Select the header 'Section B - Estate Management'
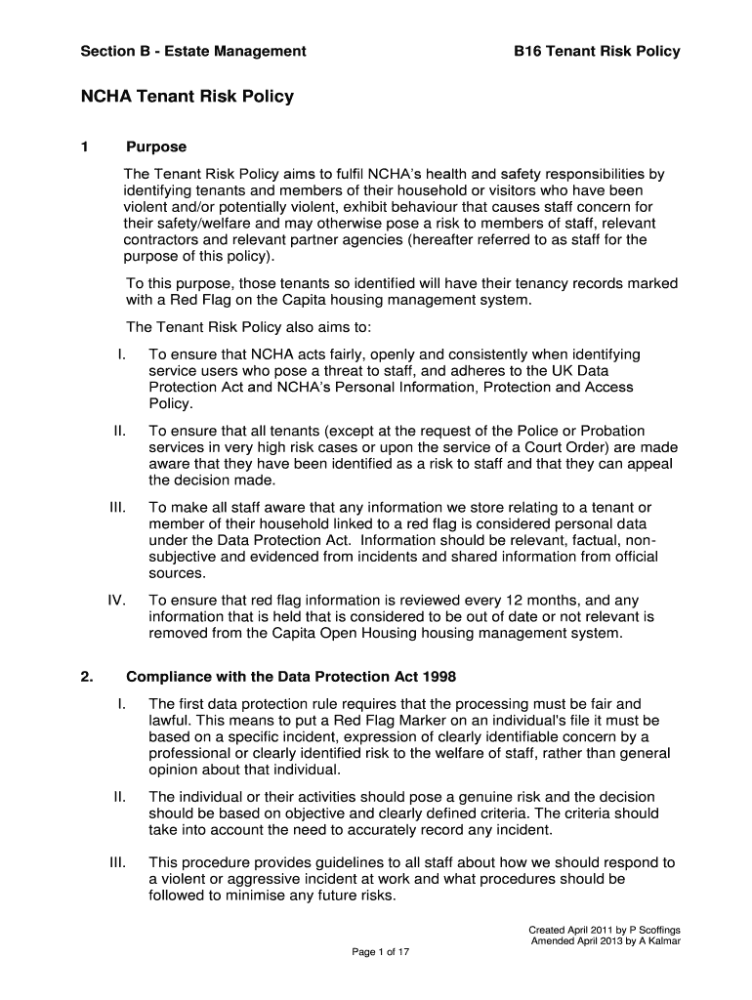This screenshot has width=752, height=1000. [x=193, y=51]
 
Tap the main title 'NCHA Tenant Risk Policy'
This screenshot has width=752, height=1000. [x=187, y=97]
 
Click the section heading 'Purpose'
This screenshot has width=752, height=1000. [x=156, y=147]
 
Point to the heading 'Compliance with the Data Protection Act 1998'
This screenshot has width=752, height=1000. [x=290, y=678]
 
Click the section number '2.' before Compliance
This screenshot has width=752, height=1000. [x=86, y=678]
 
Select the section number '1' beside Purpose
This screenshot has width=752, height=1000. [x=85, y=147]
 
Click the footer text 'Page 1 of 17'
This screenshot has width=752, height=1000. [x=380, y=953]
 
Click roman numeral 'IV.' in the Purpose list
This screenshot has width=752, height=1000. [x=116, y=601]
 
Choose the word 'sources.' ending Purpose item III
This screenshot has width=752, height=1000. [x=177, y=574]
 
